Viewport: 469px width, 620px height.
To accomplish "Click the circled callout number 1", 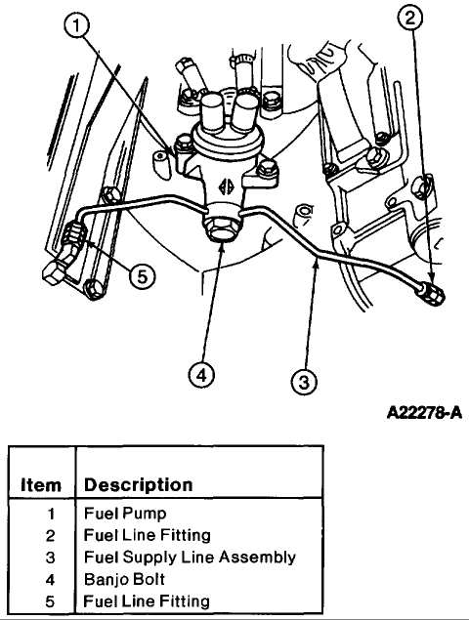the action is tap(76, 26).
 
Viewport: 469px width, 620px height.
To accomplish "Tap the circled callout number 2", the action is tap(410, 19).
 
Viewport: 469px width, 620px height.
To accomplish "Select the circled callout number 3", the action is tap(304, 382).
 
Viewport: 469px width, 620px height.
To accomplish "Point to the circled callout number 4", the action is tap(201, 375).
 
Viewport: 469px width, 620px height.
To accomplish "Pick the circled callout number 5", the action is tap(142, 276).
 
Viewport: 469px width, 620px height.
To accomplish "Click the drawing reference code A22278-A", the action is tap(424, 413).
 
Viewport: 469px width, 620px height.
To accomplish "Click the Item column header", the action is tap(41, 485).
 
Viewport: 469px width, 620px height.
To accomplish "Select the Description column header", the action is tap(139, 484).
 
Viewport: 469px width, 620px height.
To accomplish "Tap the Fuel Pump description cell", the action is tap(125, 514).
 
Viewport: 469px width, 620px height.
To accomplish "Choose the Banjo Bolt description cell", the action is tap(124, 579).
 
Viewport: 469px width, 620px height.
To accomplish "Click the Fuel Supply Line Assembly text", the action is tap(190, 558).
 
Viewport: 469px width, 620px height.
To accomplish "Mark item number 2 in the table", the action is tap(50, 535).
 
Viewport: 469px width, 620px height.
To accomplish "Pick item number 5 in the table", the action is tap(50, 601).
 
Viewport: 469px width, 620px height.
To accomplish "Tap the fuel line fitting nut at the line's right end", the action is tap(432, 295).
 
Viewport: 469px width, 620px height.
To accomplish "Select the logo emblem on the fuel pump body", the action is tap(226, 186).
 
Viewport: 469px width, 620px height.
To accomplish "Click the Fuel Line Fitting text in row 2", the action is tap(148, 535).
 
